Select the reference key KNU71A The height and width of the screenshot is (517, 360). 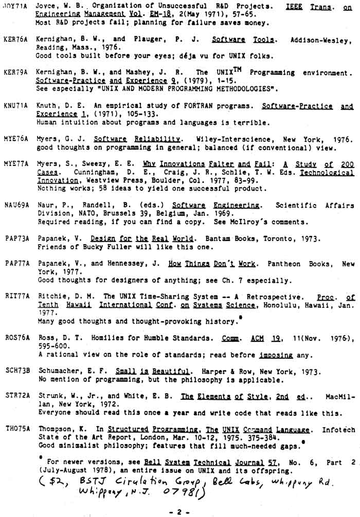tap(15, 107)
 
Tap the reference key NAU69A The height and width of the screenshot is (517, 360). tap(15, 206)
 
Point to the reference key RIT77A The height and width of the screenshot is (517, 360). tap(15, 297)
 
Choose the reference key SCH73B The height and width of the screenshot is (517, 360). tap(15, 372)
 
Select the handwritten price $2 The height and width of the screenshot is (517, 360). tap(55, 481)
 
